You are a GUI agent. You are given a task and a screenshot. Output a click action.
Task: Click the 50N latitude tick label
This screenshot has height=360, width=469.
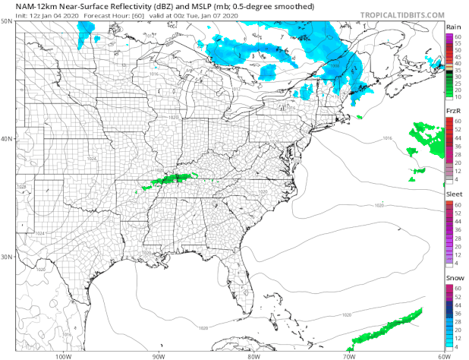click(x=8, y=21)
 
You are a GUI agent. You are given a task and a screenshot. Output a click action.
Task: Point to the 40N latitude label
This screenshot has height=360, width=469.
click(x=8, y=139)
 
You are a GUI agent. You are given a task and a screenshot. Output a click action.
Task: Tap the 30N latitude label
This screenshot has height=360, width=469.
click(x=8, y=257)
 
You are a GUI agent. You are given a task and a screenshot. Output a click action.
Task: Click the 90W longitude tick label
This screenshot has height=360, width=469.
click(x=158, y=355)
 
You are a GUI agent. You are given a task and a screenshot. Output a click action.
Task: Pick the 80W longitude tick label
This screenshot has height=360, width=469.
click(x=253, y=355)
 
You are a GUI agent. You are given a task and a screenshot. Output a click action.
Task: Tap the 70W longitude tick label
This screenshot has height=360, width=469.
click(x=348, y=355)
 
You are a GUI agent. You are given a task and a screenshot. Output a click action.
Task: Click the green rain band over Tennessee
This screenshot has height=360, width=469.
click(x=171, y=179)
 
